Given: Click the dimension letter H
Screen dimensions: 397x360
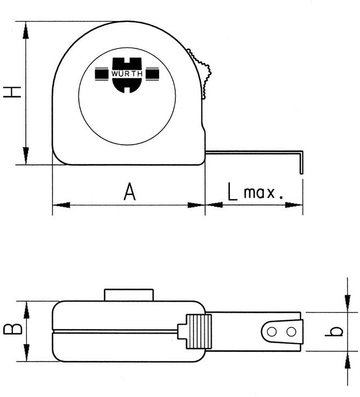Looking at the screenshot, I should tap(12, 92).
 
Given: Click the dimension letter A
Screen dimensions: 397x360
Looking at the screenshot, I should tap(129, 192).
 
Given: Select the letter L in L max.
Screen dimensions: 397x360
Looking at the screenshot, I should tap(232, 192).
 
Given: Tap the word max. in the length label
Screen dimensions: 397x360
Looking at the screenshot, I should tap(263, 193).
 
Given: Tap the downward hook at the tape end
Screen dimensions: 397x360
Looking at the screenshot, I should tap(301, 164).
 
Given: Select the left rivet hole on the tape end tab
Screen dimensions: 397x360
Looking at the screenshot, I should tap(272, 332).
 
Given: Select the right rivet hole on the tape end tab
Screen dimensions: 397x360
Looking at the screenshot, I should tap(291, 332).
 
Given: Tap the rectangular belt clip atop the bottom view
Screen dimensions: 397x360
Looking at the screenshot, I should tap(129, 295).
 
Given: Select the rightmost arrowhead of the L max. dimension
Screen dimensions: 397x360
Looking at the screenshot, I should tap(294, 204).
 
